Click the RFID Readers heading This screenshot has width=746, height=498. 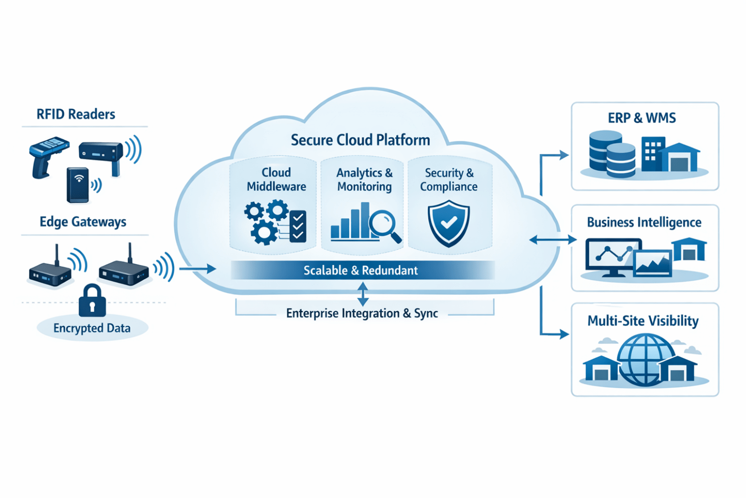(76, 114)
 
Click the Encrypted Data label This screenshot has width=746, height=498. (92, 328)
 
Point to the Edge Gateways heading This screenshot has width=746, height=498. (83, 221)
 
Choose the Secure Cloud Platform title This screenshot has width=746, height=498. (360, 140)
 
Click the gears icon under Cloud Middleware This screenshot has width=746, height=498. (265, 221)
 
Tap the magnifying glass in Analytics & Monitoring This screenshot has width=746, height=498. (383, 225)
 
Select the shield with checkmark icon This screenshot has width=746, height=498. (449, 223)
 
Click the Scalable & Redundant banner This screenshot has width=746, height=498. (361, 271)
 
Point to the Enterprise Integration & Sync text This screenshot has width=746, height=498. (362, 314)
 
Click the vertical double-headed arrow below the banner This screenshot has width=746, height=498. (363, 294)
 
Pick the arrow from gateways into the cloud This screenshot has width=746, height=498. (197, 269)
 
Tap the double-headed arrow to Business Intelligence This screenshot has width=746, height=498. (553, 240)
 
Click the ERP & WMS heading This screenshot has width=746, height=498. (642, 118)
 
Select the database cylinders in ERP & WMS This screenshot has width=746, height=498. (612, 154)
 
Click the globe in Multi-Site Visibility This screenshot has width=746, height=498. (646, 359)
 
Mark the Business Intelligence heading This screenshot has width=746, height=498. (644, 222)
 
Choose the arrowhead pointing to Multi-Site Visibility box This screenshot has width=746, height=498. (564, 334)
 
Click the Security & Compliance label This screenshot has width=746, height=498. (449, 180)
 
